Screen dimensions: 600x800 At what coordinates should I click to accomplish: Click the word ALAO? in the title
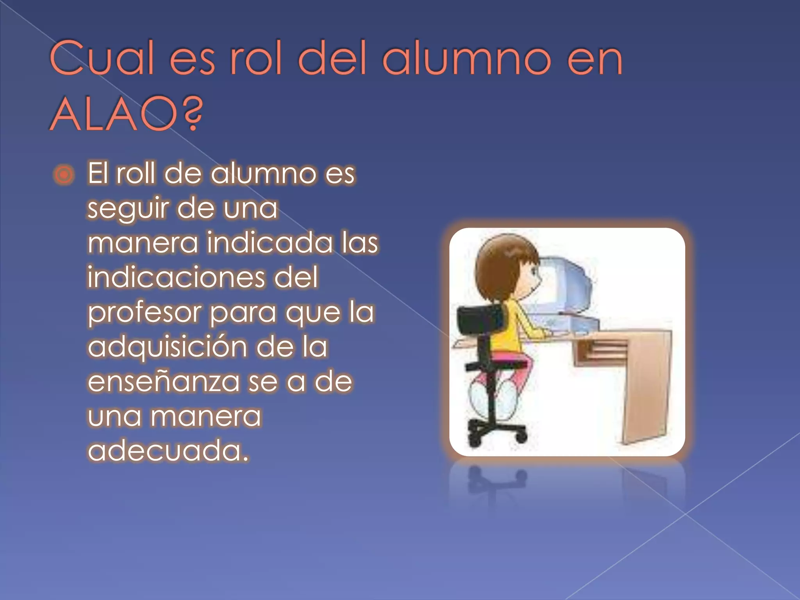[126, 114]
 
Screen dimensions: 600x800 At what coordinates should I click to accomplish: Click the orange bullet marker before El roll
[64, 175]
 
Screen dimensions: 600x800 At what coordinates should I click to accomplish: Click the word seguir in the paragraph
[128, 209]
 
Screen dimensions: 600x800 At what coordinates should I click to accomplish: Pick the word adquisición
[167, 347]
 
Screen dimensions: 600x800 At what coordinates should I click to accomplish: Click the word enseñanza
[163, 382]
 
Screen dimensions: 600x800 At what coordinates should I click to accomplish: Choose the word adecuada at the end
[168, 451]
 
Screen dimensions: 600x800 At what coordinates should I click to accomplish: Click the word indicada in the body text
[270, 243]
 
